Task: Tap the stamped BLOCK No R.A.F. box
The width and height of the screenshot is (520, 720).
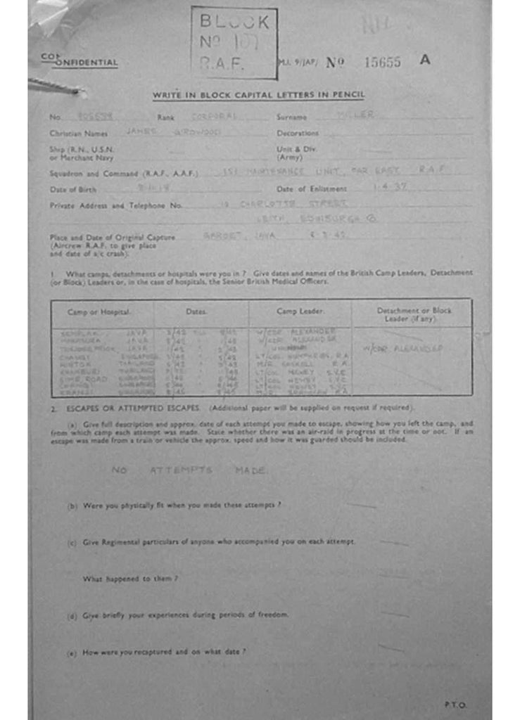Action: (234, 43)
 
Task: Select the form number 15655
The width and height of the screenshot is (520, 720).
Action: (382, 62)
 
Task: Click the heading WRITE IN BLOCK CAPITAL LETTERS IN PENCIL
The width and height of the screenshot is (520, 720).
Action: (259, 96)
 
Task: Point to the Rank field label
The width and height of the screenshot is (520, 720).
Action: (165, 117)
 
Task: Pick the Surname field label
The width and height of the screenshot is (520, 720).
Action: (291, 117)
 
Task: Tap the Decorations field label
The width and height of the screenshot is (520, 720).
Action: (298, 133)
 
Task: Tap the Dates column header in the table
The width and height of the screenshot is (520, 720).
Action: (196, 311)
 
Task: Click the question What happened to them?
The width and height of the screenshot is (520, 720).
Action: (129, 579)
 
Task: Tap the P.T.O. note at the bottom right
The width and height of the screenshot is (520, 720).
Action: (455, 704)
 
